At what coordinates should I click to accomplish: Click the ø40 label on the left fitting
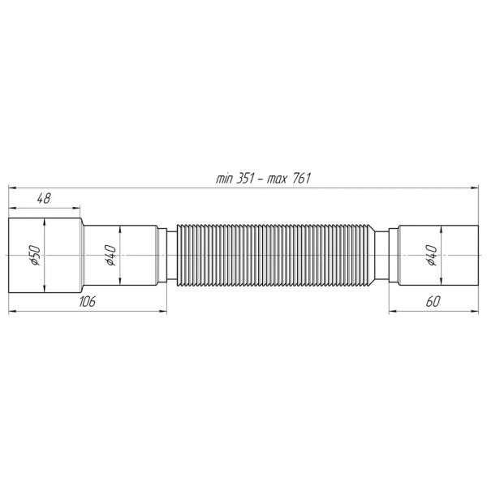pos(111,256)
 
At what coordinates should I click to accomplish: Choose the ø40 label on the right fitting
pos(433,256)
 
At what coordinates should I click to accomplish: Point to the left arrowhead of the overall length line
pos(11,187)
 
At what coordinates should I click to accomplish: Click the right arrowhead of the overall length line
pos(475,187)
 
